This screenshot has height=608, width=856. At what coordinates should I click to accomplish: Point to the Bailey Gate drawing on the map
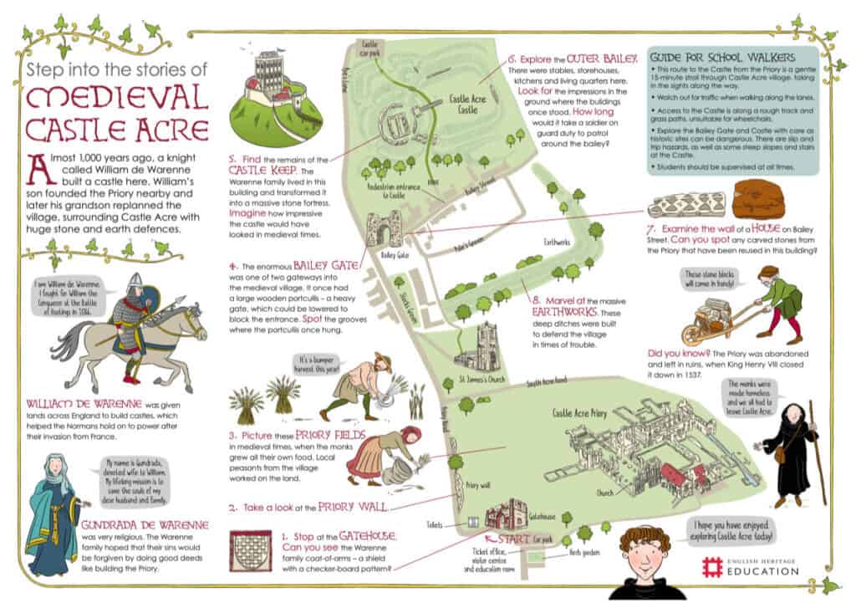pos(385,227)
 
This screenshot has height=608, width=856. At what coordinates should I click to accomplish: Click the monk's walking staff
pos(815,452)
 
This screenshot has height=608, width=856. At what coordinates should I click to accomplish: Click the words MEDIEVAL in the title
pos(116,98)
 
